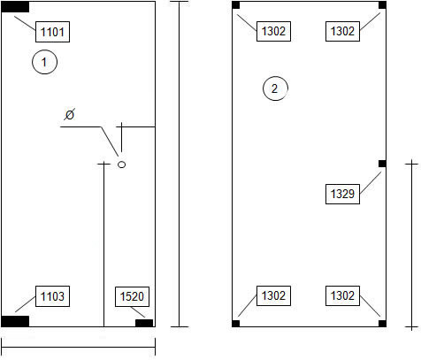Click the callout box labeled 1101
pyautogui.click(x=52, y=32)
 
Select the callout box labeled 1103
pyautogui.click(x=52, y=296)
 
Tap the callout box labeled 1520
pyautogui.click(x=132, y=296)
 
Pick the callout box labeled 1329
pyautogui.click(x=342, y=194)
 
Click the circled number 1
pyautogui.click(x=44, y=62)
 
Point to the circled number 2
pyautogui.click(x=275, y=88)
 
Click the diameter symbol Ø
pyautogui.click(x=70, y=114)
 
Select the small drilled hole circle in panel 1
pyautogui.click(x=122, y=165)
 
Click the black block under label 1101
pyautogui.click(x=15, y=7)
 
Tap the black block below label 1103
pyautogui.click(x=15, y=321)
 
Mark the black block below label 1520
pyautogui.click(x=144, y=323)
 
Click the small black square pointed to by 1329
pyautogui.click(x=382, y=164)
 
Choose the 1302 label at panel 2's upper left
pyautogui.click(x=273, y=31)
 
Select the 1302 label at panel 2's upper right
pyautogui.click(x=342, y=31)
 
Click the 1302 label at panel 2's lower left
pyautogui.click(x=273, y=295)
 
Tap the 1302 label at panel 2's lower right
pyautogui.click(x=342, y=295)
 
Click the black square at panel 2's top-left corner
pyautogui.click(x=236, y=5)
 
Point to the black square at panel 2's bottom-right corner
pyautogui.click(x=382, y=324)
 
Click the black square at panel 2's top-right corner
pyautogui.click(x=382, y=5)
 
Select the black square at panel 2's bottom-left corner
pyautogui.click(x=236, y=324)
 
